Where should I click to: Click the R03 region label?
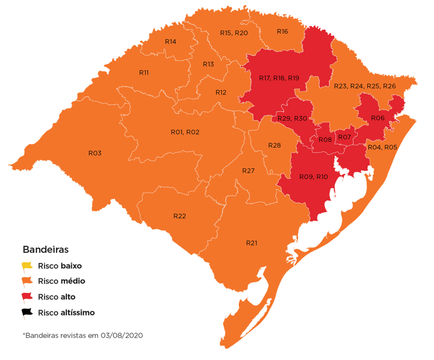[x=95, y=153]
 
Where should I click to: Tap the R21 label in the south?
[x=252, y=243]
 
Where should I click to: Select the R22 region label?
[x=180, y=216]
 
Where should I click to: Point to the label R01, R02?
[x=185, y=132]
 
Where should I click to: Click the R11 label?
[x=144, y=73]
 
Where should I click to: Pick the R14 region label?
[x=171, y=41]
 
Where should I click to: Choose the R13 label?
[x=208, y=64]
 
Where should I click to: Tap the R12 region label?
[x=221, y=92]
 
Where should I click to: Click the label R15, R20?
[x=234, y=33]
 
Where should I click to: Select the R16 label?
[x=282, y=31]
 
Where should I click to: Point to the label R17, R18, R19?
[x=279, y=78]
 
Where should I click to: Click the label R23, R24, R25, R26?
[x=365, y=86]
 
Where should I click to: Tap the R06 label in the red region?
[x=378, y=118]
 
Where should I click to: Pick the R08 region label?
[x=325, y=140]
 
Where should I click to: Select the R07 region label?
[x=344, y=137]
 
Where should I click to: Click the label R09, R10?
[x=314, y=177]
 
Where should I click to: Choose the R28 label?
[x=275, y=145]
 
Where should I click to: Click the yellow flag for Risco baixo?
[x=28, y=266]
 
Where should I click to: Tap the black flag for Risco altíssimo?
[x=28, y=312]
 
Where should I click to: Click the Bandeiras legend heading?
[x=46, y=249]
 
